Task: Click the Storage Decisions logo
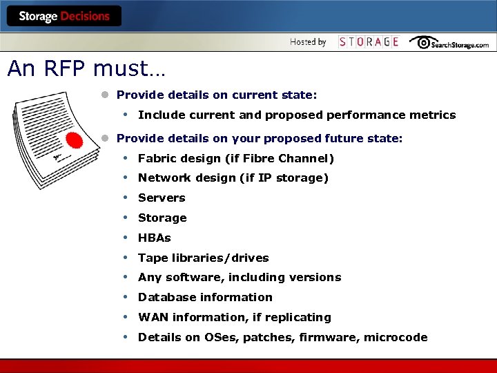tap(64, 16)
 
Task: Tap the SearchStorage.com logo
tap(449, 42)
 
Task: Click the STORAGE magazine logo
tap(369, 42)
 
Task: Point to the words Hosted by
tap(308, 42)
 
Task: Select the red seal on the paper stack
tap(74, 141)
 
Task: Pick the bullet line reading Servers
tap(162, 198)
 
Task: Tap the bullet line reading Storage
tap(162, 218)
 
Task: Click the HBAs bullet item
tap(155, 238)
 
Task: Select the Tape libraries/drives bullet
tap(203, 258)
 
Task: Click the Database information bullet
tap(205, 298)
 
